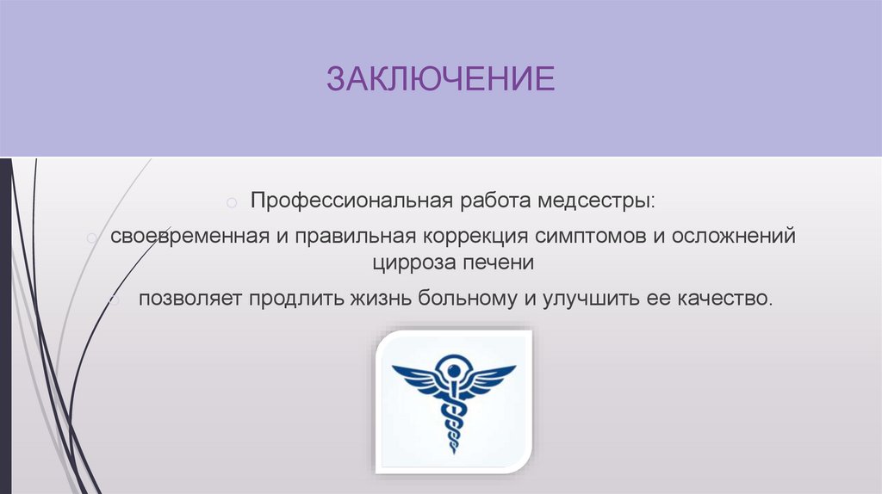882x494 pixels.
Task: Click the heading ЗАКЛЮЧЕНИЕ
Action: coord(440,80)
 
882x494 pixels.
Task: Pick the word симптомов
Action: coord(588,236)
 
